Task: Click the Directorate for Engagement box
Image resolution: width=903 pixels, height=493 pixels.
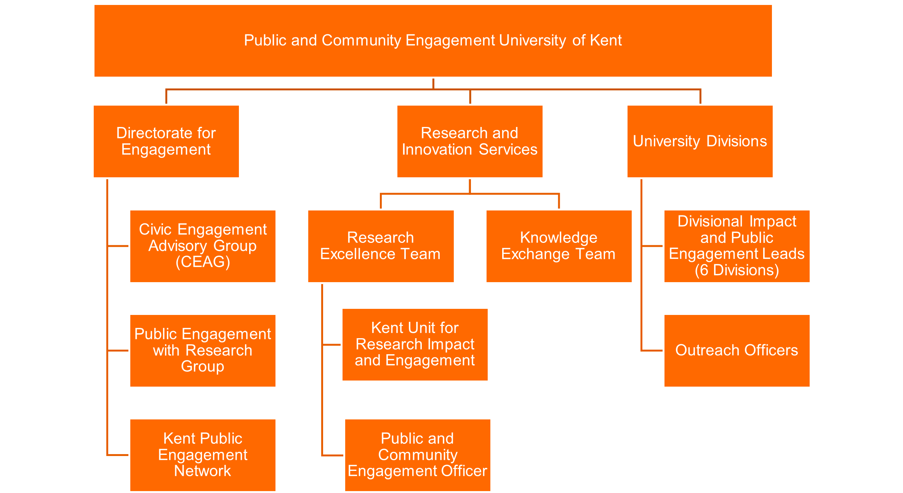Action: [166, 141]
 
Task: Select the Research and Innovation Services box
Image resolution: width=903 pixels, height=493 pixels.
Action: [470, 141]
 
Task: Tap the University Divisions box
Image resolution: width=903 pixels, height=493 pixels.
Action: [700, 141]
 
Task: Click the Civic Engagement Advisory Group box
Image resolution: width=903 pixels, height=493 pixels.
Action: [203, 246]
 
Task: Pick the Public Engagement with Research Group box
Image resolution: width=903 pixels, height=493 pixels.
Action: [203, 350]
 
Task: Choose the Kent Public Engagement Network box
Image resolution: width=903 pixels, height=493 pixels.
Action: [203, 455]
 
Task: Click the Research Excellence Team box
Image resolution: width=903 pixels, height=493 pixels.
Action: [381, 246]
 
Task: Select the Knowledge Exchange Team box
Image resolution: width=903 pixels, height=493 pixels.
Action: [559, 246]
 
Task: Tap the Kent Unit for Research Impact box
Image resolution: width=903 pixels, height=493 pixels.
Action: [415, 344]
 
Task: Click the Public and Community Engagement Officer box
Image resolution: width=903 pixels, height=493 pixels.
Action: [418, 455]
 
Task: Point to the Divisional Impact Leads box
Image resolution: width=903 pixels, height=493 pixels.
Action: [737, 246]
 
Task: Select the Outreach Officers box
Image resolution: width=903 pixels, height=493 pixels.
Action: [737, 350]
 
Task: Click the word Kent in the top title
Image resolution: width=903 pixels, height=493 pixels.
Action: [606, 40]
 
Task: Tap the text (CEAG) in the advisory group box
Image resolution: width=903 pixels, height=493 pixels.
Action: [203, 262]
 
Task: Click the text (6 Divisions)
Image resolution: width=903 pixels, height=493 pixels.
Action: [737, 270]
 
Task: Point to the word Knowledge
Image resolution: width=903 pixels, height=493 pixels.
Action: [559, 238]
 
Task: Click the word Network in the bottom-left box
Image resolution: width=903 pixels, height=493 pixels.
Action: [203, 471]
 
